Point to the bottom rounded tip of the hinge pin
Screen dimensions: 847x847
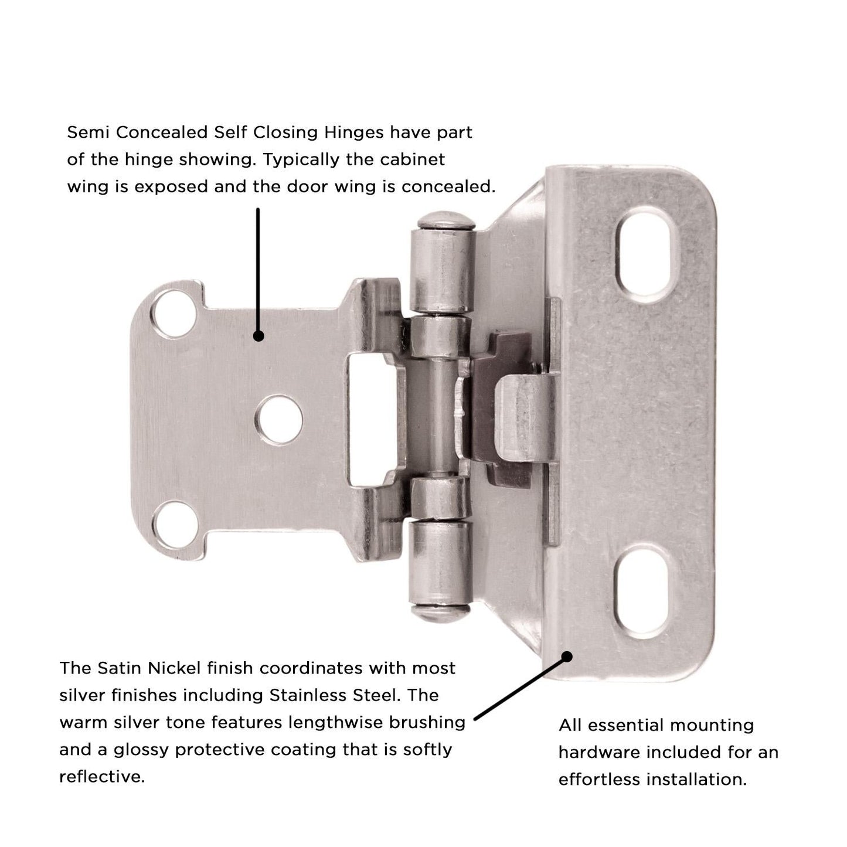pos(441,613)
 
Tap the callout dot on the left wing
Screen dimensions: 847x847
pos(258,336)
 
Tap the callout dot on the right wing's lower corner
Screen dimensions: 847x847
pos(566,656)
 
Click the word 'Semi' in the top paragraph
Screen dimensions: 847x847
pos(87,132)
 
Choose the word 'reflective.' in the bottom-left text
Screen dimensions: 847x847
pos(102,777)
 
